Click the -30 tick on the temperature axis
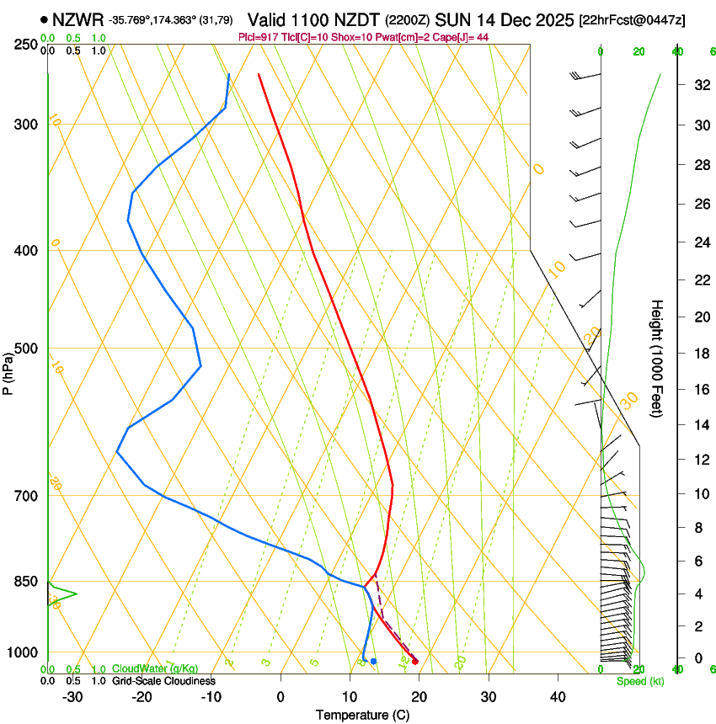pyautogui.click(x=72, y=696)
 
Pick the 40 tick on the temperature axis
pyautogui.click(x=558, y=696)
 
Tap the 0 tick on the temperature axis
pyautogui.click(x=281, y=696)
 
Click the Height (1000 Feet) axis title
pyautogui.click(x=658, y=359)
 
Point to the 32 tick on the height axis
pyautogui.click(x=699, y=85)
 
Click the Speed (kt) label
pyautogui.click(x=639, y=681)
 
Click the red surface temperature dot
pyautogui.click(x=414, y=661)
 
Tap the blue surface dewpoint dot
pyautogui.click(x=373, y=661)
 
